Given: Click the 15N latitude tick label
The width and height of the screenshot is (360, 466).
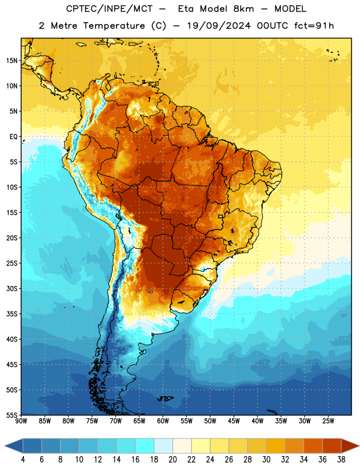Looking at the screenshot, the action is (12, 61).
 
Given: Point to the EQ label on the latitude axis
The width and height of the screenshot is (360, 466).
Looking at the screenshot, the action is (13, 137).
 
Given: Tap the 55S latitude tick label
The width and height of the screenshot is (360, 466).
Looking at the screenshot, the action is (12, 415).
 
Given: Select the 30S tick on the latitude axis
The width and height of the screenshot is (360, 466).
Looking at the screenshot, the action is (12, 288).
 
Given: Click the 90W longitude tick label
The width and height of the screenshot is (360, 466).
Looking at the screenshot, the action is (21, 421).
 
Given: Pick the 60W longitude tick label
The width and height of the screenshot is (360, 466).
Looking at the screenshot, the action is (163, 421).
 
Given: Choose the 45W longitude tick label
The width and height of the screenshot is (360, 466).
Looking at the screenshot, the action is (234, 421).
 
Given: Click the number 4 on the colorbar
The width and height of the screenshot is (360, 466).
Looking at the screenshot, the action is (23, 460).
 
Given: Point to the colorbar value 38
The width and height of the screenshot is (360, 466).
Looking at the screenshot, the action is (341, 460).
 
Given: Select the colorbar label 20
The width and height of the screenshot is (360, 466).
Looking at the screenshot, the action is (172, 460).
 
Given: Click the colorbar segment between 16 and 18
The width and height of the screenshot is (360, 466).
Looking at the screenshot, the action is (145, 446).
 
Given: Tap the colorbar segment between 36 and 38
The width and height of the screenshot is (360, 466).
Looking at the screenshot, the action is (332, 446).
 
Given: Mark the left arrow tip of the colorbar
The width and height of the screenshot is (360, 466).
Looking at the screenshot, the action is (5, 446).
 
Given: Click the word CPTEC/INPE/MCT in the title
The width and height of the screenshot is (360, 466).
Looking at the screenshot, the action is (109, 9).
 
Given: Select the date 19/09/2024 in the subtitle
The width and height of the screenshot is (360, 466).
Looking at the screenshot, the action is (218, 26).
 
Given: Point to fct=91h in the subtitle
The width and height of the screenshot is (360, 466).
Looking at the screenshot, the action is (314, 26).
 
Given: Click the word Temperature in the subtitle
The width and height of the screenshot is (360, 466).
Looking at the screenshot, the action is (114, 26).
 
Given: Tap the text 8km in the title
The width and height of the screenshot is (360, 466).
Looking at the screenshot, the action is (243, 9).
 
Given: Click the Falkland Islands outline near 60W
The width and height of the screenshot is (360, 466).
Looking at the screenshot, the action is (165, 398).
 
